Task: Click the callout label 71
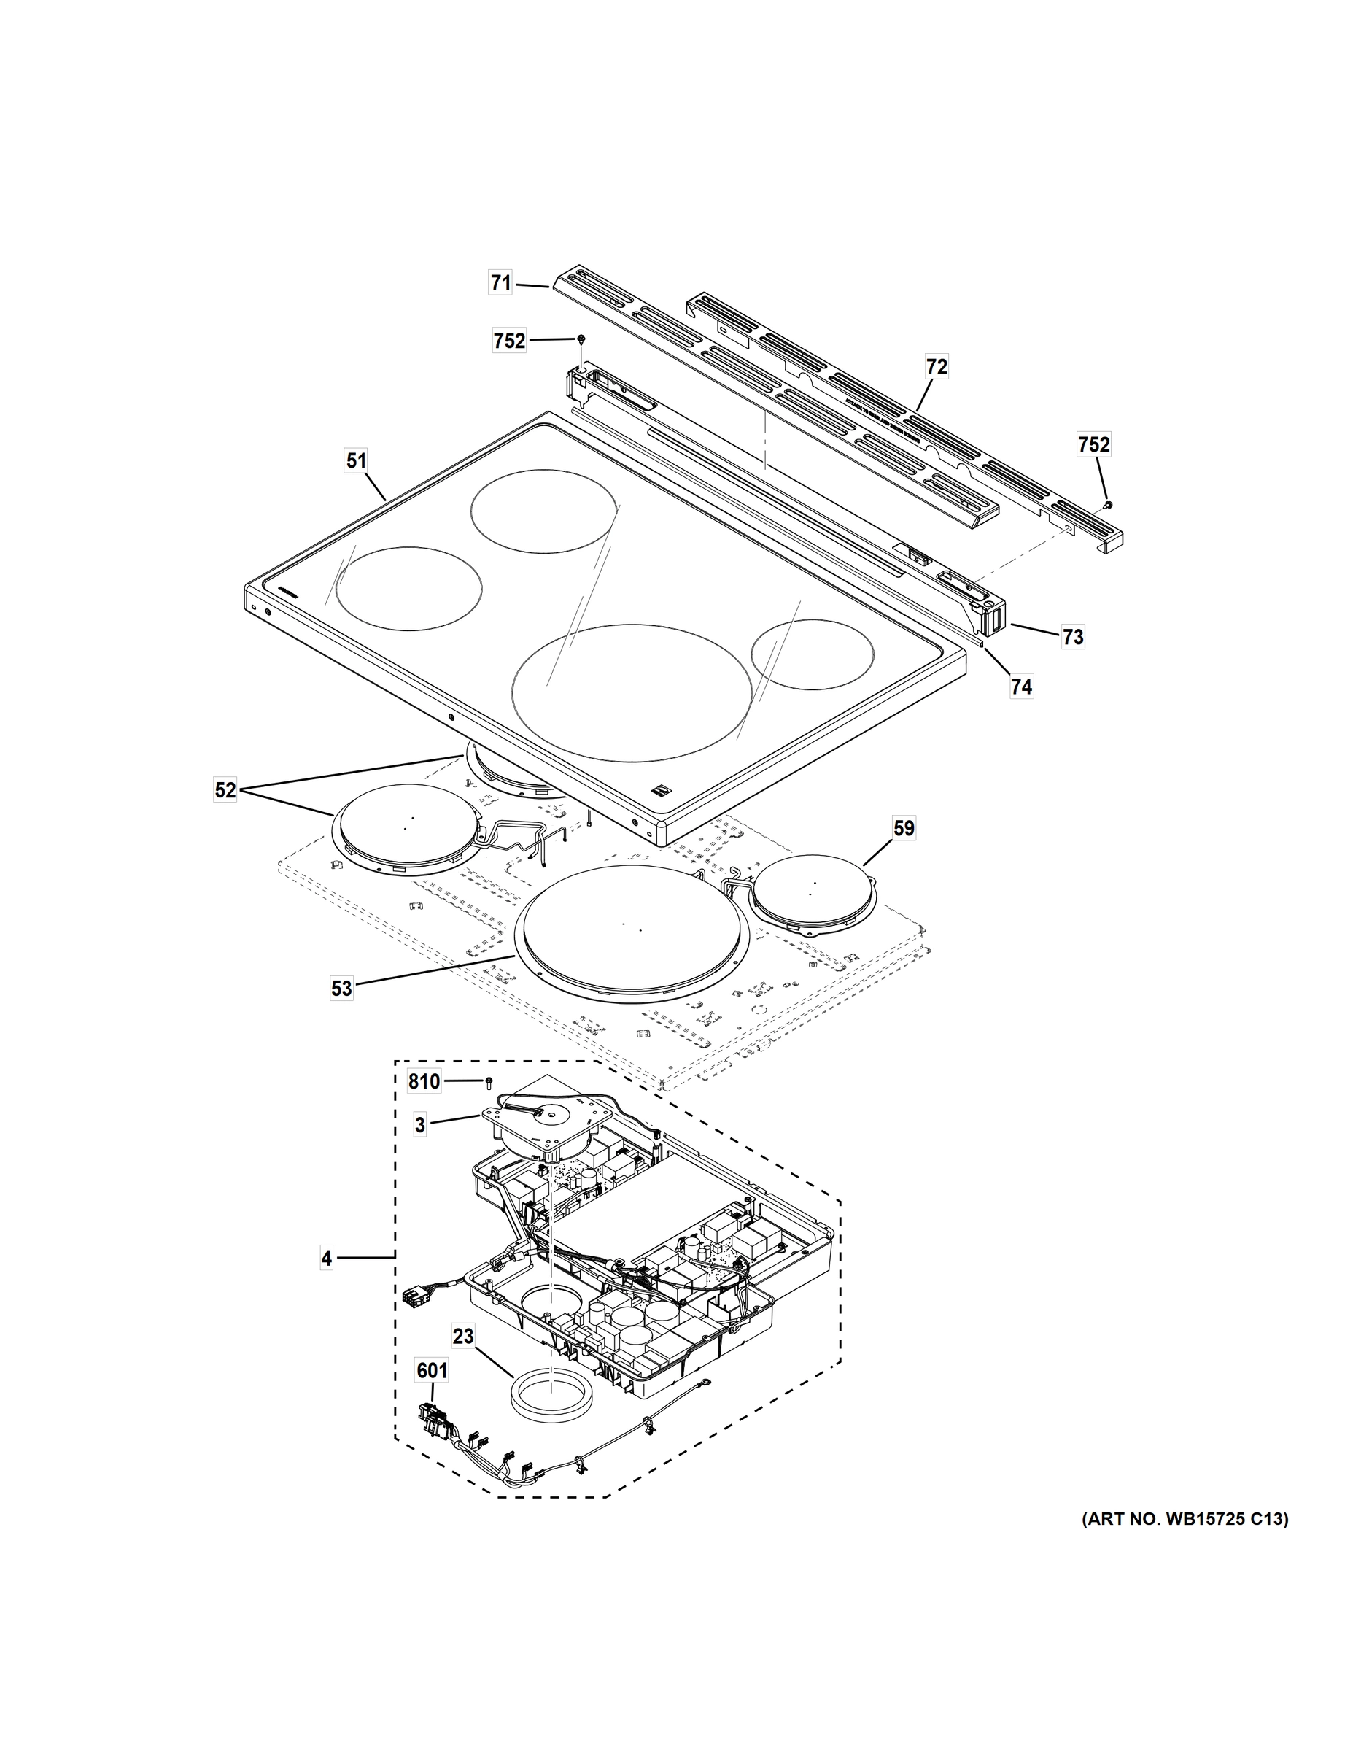tap(500, 283)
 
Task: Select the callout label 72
tap(937, 367)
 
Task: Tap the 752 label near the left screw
tap(509, 341)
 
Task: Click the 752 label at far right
tap(1094, 444)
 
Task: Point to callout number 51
tap(356, 461)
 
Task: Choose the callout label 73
tap(1072, 637)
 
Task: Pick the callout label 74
tap(1021, 687)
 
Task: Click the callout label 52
tap(225, 791)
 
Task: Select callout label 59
tap(903, 828)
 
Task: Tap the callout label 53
tap(341, 989)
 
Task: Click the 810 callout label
tap(424, 1083)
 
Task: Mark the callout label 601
tap(431, 1372)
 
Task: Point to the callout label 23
tap(463, 1337)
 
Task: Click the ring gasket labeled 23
tap(552, 1398)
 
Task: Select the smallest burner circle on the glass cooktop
tap(812, 654)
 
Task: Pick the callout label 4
tap(326, 1259)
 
